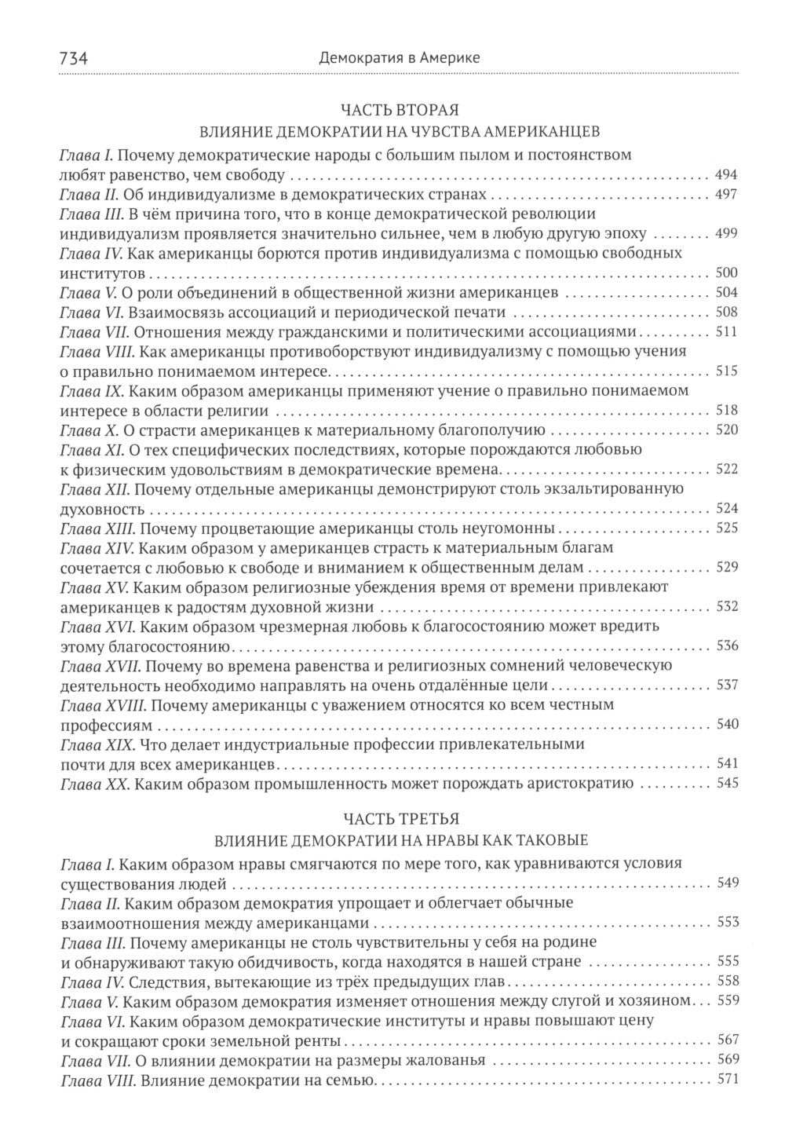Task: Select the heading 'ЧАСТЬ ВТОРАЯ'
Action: (399, 109)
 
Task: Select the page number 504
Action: (726, 293)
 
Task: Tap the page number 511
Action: (726, 332)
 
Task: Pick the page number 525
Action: (726, 528)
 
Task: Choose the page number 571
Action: (726, 1080)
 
